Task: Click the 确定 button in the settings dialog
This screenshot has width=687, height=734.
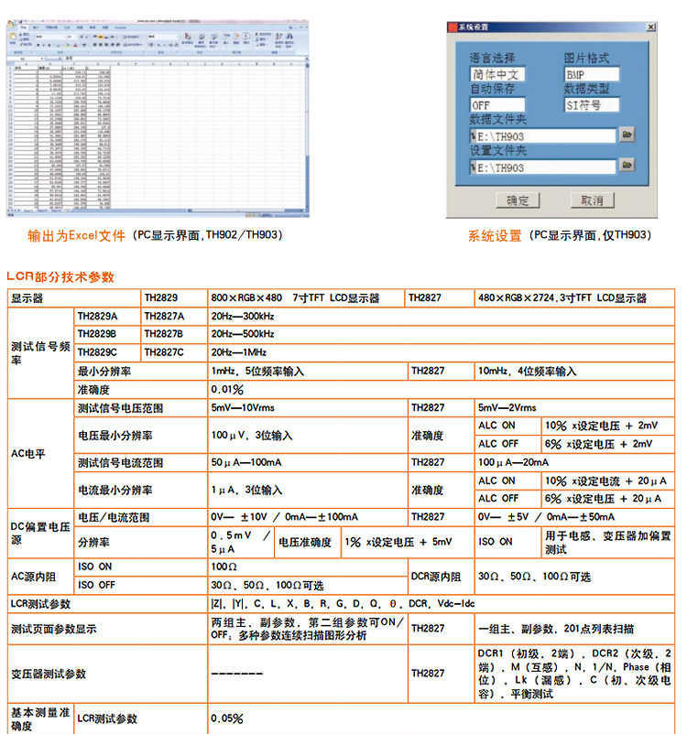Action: (518, 200)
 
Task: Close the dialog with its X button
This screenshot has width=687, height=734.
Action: (650, 27)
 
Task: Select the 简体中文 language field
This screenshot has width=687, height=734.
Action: (498, 74)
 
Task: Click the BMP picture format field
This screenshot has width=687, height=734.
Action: (591, 74)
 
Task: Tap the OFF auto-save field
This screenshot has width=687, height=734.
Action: (498, 104)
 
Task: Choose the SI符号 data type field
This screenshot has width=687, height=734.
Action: (591, 104)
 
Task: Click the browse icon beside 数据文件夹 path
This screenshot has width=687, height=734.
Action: (627, 135)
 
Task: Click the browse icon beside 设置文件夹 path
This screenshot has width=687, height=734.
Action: (627, 167)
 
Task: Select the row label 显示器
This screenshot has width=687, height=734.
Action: (27, 298)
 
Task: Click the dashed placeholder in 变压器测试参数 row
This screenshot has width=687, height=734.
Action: (237, 674)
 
